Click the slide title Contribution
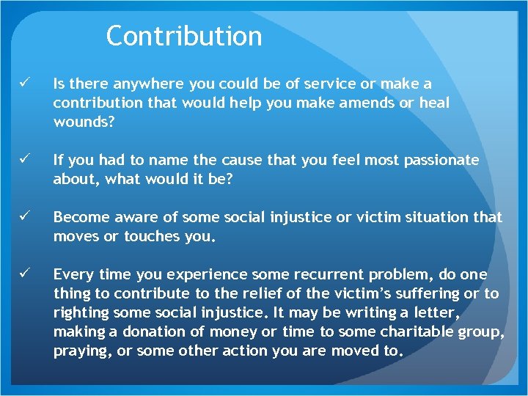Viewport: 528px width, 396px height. pos(183,36)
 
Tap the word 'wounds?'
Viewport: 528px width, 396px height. pos(84,122)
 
